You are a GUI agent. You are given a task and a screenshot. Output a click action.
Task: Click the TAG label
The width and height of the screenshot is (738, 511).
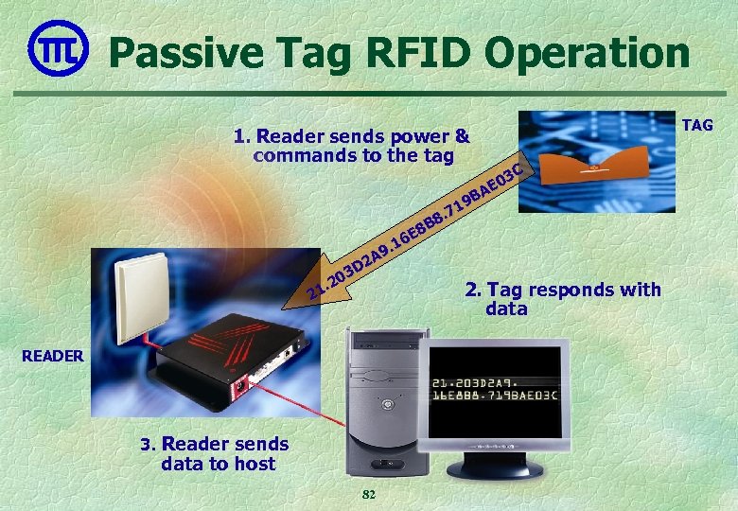698,125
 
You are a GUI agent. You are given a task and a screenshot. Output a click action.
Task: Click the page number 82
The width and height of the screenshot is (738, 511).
369,495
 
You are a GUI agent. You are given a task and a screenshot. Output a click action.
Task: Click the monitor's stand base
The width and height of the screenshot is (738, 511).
495,469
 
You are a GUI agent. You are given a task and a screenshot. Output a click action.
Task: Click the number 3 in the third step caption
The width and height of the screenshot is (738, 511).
146,445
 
